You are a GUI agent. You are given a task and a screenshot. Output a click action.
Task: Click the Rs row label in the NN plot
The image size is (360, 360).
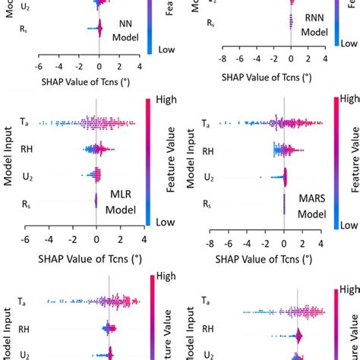coord(28,30)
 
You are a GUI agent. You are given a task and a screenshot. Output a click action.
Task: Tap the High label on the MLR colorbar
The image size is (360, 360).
coord(166,99)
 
